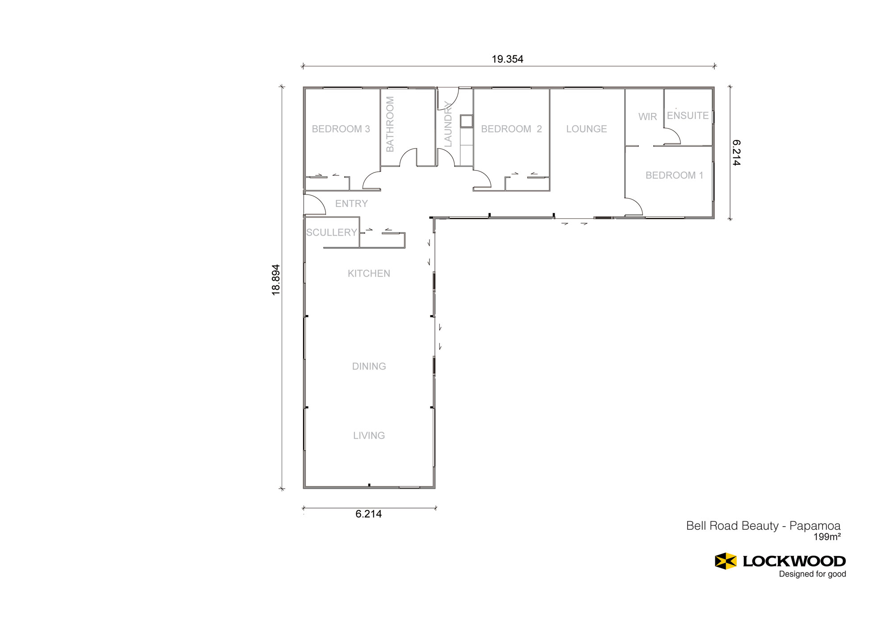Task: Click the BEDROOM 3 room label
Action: pos(341,129)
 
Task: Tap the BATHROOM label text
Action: pos(390,124)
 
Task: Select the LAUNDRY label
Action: pos(448,124)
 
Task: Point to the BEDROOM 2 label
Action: pos(511,129)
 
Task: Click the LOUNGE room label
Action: pos(586,129)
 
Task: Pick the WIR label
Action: pos(647,116)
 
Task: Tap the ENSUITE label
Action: pos(688,116)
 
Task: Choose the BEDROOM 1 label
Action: pos(674,175)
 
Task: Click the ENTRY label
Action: pos(351,203)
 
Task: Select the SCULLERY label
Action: pos(331,232)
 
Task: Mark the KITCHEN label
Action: pos(369,274)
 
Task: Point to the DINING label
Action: pos(369,366)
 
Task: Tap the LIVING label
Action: pos(369,436)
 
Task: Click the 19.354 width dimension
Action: pos(507,59)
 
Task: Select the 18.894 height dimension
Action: pos(276,280)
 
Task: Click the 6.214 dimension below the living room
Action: pos(368,514)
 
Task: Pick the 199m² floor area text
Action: pos(827,537)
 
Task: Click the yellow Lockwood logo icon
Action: pos(726,561)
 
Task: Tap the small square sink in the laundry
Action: pos(467,121)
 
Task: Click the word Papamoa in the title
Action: pos(815,526)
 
